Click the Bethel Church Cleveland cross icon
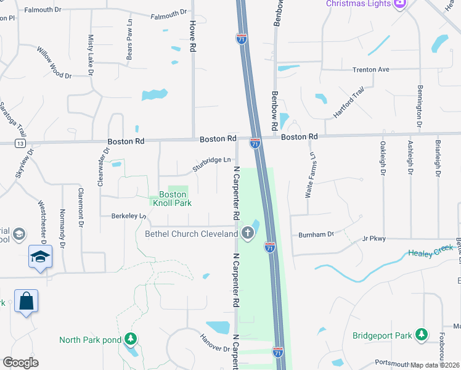(248, 232)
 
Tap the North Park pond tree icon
(130, 339)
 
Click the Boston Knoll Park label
(172, 199)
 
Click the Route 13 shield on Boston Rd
(22, 143)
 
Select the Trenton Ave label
(371, 70)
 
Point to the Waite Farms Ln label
(311, 175)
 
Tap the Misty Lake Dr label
(91, 55)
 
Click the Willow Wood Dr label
(54, 62)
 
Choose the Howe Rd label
(193, 36)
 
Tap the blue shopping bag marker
(26, 302)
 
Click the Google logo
(20, 363)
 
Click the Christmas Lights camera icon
(400, 4)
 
